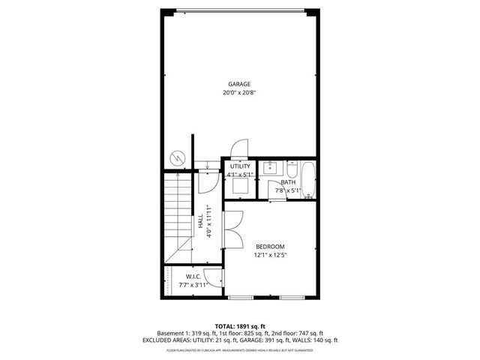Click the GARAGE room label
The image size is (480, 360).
point(240,84)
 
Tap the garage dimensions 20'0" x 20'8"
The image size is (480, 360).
point(240,93)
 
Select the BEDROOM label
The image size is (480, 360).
point(270,247)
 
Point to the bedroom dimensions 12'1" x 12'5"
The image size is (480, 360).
point(270,256)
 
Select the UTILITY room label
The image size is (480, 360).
point(240,166)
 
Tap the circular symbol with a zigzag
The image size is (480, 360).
point(178,157)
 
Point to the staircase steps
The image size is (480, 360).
point(178,214)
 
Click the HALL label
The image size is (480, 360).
point(202,222)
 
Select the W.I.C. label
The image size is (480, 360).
point(193,277)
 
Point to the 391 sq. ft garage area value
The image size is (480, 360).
point(278,340)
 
